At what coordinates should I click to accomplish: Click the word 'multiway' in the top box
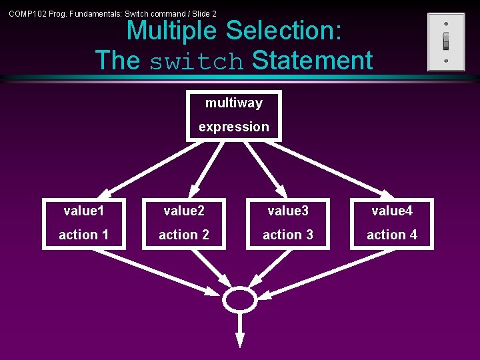click(x=234, y=103)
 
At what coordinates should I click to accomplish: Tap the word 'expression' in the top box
click(x=234, y=127)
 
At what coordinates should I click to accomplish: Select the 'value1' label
click(x=84, y=211)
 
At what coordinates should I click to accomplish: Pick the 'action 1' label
click(x=84, y=235)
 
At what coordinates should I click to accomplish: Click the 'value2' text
click(x=184, y=211)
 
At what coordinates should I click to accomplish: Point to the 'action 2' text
click(x=184, y=235)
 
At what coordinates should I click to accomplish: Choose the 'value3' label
click(x=288, y=211)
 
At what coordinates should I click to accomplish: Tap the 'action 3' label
click(x=288, y=235)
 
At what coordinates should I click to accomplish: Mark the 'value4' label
click(x=392, y=211)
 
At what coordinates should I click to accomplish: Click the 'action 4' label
click(x=392, y=235)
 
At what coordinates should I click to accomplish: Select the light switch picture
click(x=446, y=41)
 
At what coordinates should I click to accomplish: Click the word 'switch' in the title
click(x=197, y=61)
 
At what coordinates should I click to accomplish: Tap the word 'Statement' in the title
click(x=312, y=61)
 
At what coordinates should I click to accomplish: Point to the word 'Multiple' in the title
click(x=171, y=31)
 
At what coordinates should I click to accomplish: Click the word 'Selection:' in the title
click(x=283, y=31)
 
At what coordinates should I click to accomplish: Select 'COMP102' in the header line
click(x=27, y=13)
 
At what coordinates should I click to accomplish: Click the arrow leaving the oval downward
click(x=239, y=329)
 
